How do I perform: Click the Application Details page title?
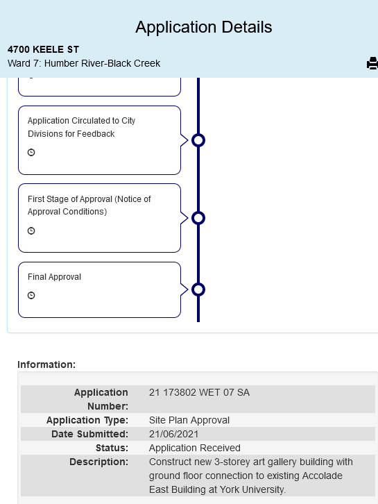tap(204, 27)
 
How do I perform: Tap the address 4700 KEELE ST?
tap(44, 49)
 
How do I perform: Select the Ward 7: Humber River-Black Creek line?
tap(84, 63)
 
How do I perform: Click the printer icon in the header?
tap(372, 63)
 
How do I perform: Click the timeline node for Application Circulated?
tap(198, 140)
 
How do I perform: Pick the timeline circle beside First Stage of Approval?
tap(198, 218)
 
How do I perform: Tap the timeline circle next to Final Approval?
tap(198, 289)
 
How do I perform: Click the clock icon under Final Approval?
tap(31, 296)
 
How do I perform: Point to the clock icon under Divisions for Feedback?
tap(31, 152)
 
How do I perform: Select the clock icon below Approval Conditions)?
tap(31, 230)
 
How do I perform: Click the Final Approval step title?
tap(54, 277)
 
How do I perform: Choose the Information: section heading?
tap(46, 364)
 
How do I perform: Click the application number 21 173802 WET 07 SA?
tap(199, 392)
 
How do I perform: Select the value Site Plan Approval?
tap(189, 420)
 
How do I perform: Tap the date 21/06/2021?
tap(174, 434)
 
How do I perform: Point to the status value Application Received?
tap(195, 448)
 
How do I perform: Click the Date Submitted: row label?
tap(89, 434)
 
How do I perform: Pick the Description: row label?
tap(99, 462)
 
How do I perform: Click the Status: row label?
tap(112, 448)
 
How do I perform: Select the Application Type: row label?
tap(87, 420)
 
